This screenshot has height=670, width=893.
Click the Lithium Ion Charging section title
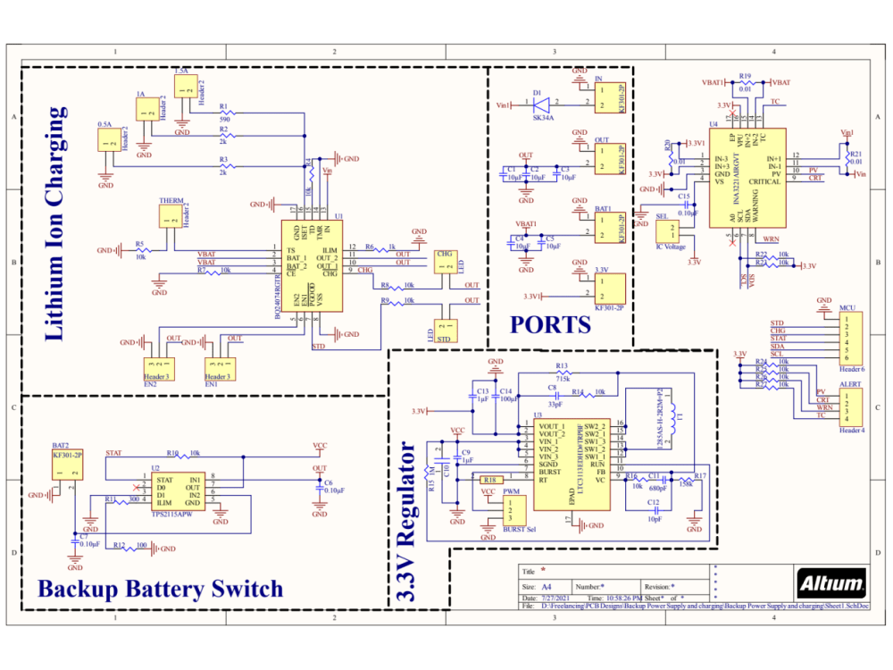55,224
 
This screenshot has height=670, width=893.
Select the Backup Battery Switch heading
160,589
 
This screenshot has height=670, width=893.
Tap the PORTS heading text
550,324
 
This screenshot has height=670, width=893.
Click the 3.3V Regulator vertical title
408,520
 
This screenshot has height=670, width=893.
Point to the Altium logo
831,584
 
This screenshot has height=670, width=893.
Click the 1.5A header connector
186,87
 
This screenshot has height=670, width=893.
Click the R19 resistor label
745,77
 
